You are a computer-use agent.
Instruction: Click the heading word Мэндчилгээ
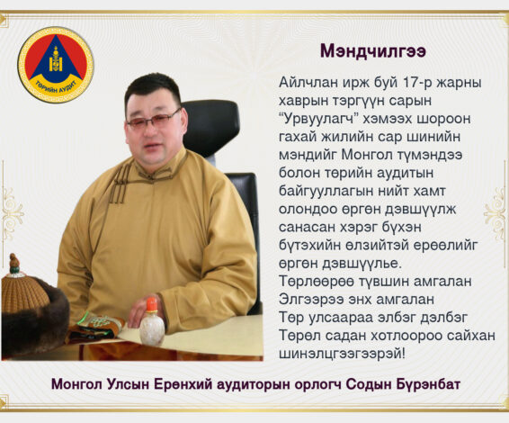pos(373,51)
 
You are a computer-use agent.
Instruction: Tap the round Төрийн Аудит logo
pos(56,65)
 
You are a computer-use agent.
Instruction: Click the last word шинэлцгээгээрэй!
pos(342,354)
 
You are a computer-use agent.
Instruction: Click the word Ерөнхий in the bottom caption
pos(183,384)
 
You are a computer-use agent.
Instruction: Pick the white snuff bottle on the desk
pos(152,322)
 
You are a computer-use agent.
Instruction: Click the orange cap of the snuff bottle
pos(152,304)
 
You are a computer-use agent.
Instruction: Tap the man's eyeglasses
pos(153,119)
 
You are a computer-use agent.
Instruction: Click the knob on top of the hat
pos(14,264)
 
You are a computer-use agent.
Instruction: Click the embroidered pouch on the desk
pos(95,328)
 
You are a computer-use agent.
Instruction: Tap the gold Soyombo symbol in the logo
pos(56,59)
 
